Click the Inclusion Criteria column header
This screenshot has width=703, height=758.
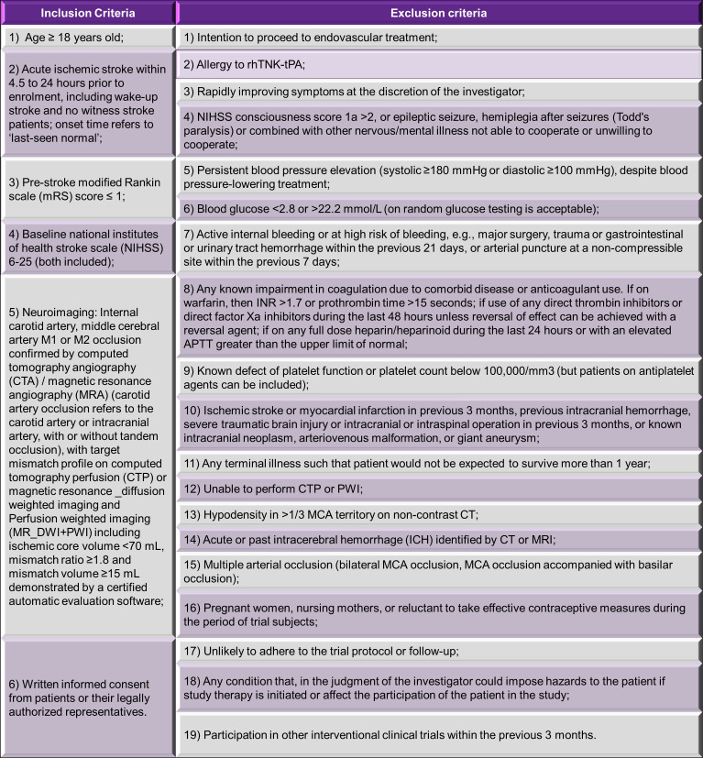pos(88,14)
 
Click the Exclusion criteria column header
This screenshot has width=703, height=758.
pos(437,14)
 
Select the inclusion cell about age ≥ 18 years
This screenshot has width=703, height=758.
pos(88,38)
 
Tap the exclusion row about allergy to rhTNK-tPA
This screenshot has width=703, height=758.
pos(437,64)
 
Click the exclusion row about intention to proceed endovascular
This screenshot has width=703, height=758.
pos(437,38)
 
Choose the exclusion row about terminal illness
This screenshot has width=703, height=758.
pos(437,464)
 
